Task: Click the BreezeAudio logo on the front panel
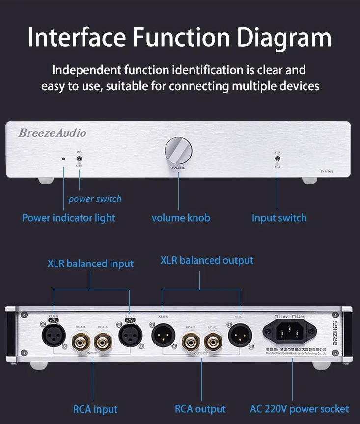(x=52, y=133)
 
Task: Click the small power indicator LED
(x=63, y=159)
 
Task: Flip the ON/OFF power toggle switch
(x=79, y=159)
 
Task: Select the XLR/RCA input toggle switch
(x=277, y=159)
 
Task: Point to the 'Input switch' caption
(x=279, y=218)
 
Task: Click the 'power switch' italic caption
(x=95, y=199)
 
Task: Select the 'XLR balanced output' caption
(x=207, y=260)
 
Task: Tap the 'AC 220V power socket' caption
(x=299, y=409)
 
